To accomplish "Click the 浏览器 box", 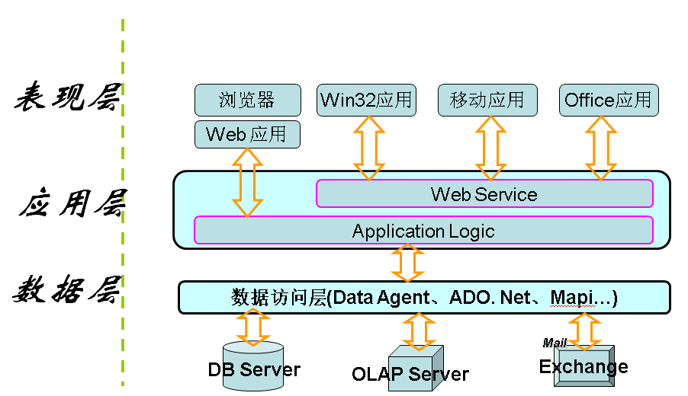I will tap(246, 100).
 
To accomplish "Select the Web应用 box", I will tap(246, 135).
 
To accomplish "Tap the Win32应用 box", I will tap(366, 100).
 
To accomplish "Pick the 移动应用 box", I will tap(487, 100).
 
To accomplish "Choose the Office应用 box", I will tap(608, 100).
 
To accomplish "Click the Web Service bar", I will tap(484, 193).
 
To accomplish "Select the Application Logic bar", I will tap(423, 231).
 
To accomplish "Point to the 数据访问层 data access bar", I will tap(424, 297).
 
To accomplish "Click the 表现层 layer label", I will tap(67, 99).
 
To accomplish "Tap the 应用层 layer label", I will tap(72, 204).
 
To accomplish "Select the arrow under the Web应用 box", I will tap(247, 182).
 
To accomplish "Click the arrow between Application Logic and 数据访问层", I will tap(407, 263).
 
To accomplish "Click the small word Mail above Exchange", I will tap(554, 343).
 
